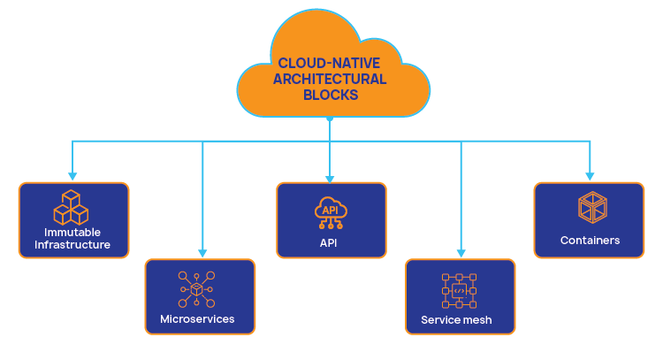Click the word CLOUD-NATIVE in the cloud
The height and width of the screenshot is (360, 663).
coord(330,63)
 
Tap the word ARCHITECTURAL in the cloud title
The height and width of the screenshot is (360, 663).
coord(330,79)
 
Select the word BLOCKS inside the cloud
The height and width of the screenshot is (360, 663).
coord(330,95)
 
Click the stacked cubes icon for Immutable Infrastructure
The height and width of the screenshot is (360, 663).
coord(72,207)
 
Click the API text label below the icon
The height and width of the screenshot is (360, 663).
coord(330,242)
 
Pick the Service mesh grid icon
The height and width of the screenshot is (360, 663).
coord(459,290)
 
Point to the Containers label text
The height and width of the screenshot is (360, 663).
coord(590,241)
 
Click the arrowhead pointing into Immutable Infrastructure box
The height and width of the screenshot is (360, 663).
coord(72,177)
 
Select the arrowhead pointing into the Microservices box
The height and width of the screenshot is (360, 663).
coord(202,254)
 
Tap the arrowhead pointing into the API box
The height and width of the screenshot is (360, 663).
coord(330,177)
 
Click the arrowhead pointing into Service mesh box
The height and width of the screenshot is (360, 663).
coord(461,254)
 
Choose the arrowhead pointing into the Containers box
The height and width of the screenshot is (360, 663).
coord(590,177)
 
